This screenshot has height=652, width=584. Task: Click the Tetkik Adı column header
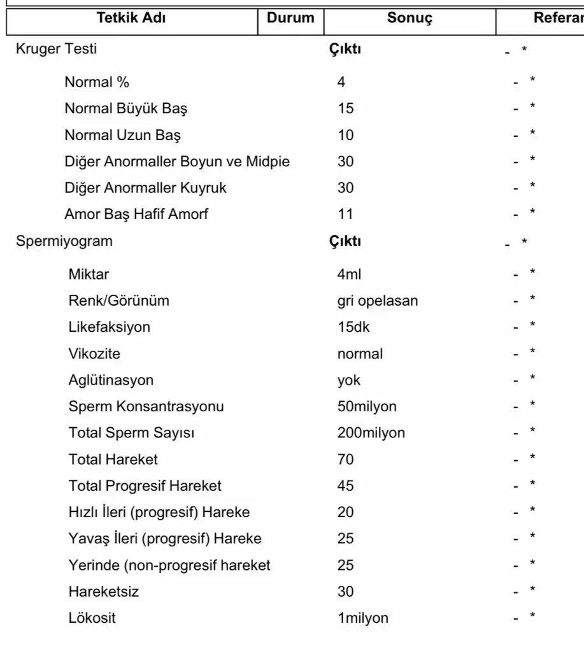[x=132, y=18]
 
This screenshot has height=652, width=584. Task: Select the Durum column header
[x=290, y=18]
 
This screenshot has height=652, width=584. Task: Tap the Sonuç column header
[x=410, y=18]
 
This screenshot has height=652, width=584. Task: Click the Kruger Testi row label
[x=57, y=49]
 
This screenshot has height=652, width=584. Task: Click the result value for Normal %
[x=342, y=82]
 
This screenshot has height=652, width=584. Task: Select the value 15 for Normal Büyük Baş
[x=345, y=109]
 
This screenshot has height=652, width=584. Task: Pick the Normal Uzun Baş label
[x=123, y=135]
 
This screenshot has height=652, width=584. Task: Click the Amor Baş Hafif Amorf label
[x=136, y=214]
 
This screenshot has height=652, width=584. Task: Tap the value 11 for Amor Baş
[x=345, y=214]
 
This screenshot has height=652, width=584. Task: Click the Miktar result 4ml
[x=349, y=274]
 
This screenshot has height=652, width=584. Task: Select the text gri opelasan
[x=378, y=301]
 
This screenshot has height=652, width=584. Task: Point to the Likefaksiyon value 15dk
[x=353, y=327]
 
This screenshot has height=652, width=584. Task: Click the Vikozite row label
[x=94, y=353]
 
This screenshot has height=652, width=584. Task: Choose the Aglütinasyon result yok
[x=349, y=380]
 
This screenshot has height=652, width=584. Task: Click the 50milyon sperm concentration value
[x=367, y=406]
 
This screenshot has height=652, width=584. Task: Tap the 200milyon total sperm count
[x=371, y=433]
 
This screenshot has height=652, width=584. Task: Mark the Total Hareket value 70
[x=345, y=459]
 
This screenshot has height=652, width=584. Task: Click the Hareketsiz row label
[x=104, y=592]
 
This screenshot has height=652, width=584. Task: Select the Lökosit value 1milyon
[x=363, y=618]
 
